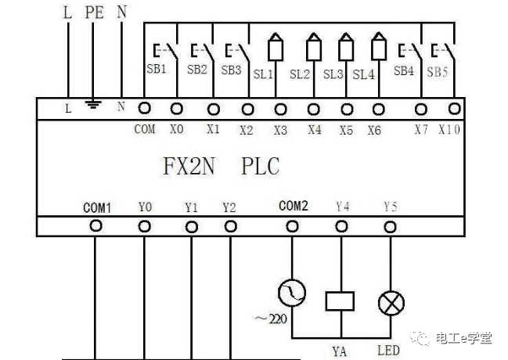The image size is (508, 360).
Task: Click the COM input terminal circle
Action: [x=145, y=108]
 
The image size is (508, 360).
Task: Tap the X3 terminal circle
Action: [x=280, y=110]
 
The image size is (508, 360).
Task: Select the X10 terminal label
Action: [x=449, y=130]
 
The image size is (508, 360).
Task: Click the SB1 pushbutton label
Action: [x=157, y=69]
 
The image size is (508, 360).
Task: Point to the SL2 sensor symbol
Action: [x=314, y=47]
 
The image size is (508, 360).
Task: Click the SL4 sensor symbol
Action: [x=379, y=46]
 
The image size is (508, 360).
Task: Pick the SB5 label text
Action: [x=437, y=72]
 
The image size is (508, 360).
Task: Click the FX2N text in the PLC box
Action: [x=189, y=166]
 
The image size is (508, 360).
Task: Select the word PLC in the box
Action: [x=260, y=166]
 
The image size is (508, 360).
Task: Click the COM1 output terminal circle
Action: [x=95, y=226]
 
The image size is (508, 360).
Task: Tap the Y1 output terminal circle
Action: [x=192, y=227]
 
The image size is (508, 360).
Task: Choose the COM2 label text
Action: [x=294, y=206]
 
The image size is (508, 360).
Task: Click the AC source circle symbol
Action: [x=292, y=293]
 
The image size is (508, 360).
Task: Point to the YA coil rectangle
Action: [x=340, y=301]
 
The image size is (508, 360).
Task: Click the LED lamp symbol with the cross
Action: [x=391, y=303]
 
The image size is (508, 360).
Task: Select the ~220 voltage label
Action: [x=271, y=319]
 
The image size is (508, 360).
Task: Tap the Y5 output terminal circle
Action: [x=390, y=227]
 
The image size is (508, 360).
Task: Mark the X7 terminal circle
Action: [x=421, y=110]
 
